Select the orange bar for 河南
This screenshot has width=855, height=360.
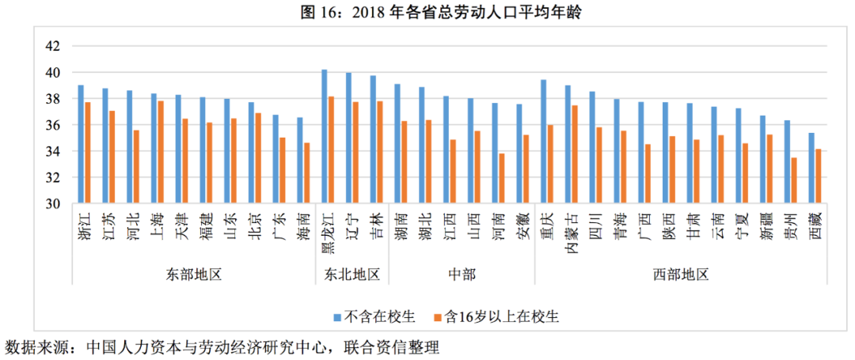[502, 179]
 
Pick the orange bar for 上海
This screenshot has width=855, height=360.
[161, 152]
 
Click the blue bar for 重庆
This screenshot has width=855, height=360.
[544, 142]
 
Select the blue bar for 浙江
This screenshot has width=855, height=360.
[81, 144]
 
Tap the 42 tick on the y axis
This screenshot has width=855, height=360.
[53, 46]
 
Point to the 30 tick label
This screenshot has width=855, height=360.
[53, 204]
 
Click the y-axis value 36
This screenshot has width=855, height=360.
[53, 125]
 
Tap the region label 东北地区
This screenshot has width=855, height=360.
[352, 275]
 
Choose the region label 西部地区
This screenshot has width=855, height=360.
[681, 275]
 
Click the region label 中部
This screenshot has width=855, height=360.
[462, 275]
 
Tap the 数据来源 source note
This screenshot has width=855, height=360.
[222, 347]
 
